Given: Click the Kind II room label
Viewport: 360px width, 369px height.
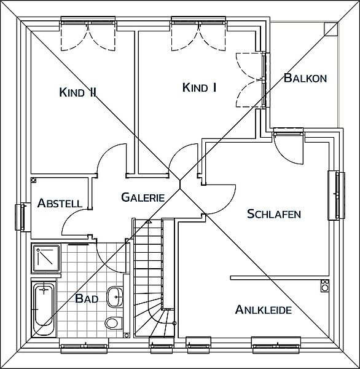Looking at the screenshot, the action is (78, 92).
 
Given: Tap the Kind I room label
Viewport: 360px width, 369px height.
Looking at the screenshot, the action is (199, 87).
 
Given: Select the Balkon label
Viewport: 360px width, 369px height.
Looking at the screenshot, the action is (305, 78).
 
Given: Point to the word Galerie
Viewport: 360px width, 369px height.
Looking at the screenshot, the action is (143, 197).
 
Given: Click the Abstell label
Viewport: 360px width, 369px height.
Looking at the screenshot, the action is (60, 203).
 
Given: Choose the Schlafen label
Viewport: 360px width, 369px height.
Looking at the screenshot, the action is (274, 214).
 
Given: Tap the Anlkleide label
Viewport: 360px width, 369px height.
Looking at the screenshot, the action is (264, 309).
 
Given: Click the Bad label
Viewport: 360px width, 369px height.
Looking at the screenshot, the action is (87, 299).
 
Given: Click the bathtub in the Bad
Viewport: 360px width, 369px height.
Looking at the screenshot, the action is (44, 308).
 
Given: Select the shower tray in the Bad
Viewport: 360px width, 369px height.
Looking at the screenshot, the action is (46, 258).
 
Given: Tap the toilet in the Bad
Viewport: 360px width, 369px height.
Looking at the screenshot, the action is (114, 322).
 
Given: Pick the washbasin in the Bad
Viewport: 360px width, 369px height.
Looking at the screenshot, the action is (115, 296).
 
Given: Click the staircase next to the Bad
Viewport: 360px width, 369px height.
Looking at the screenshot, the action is (154, 278).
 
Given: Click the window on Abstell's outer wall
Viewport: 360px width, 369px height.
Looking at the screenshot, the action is (23, 217).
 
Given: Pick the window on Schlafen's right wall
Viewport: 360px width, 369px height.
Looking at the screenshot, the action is (337, 196).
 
